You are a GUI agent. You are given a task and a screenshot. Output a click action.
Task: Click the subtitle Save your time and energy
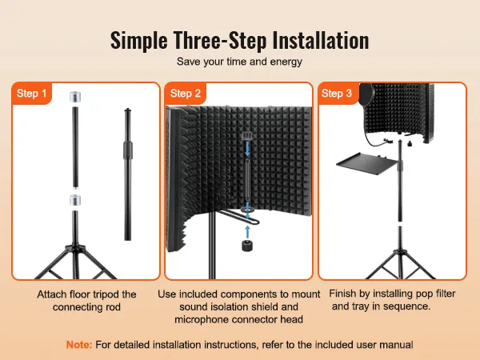pyautogui.click(x=239, y=62)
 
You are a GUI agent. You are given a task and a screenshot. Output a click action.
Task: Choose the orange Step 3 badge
pyautogui.click(x=337, y=94)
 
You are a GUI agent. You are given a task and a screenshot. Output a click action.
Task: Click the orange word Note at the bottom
pyautogui.click(x=79, y=344)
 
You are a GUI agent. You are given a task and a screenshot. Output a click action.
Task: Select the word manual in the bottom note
pyautogui.click(x=395, y=344)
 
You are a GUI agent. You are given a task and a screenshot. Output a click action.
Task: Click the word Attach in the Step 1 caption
pyautogui.click(x=52, y=294)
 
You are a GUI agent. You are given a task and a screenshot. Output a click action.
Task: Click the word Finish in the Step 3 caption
pyautogui.click(x=345, y=294)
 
